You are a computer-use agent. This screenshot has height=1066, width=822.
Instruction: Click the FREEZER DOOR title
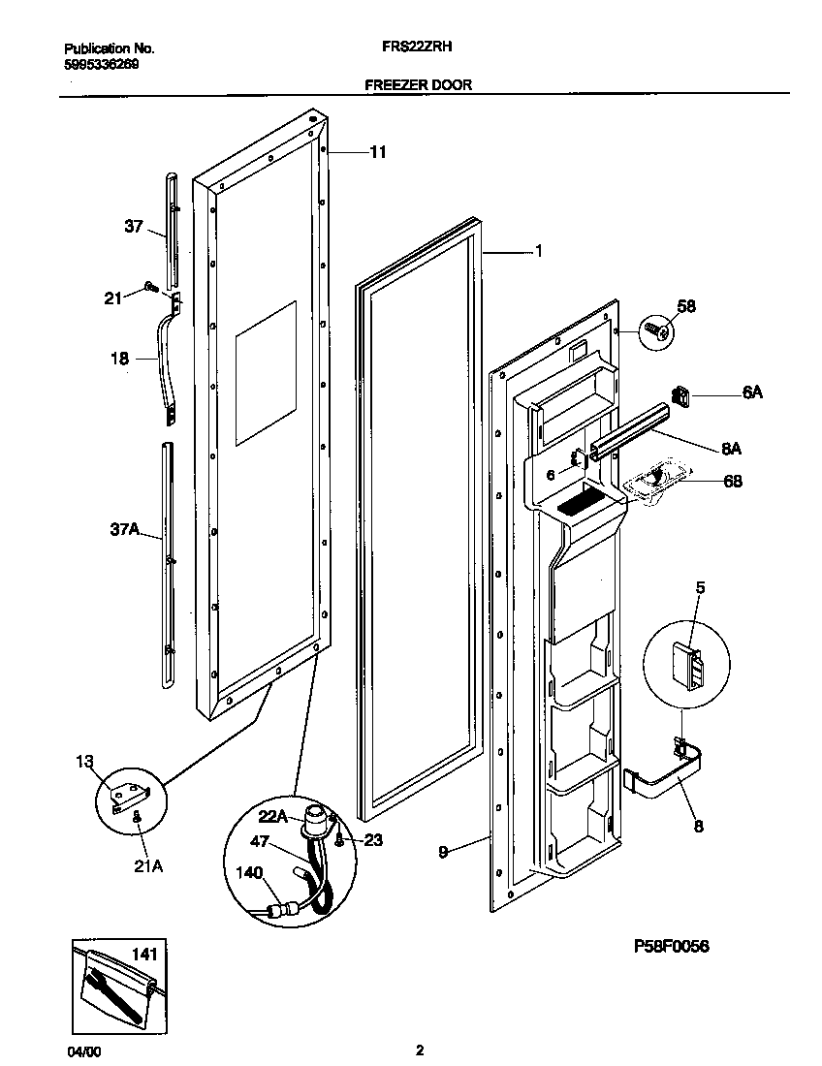[x=418, y=84]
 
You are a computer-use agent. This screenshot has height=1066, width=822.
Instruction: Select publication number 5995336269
[x=101, y=65]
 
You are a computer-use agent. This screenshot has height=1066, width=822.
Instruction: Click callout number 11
[x=377, y=152]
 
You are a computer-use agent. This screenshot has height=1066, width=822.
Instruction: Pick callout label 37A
[x=125, y=529]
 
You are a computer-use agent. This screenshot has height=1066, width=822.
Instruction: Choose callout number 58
[x=685, y=307]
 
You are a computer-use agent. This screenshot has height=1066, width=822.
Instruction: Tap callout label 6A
[x=752, y=392]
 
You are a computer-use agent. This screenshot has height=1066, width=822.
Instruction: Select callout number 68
[x=733, y=481]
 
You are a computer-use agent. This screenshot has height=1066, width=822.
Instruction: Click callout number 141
[x=143, y=955]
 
